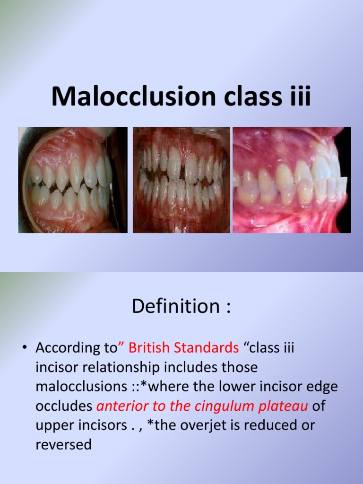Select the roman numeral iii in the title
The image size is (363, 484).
pyautogui.click(x=300, y=96)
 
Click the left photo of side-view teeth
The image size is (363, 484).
pyautogui.click(x=73, y=180)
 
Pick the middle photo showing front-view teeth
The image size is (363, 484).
pyautogui.click(x=181, y=180)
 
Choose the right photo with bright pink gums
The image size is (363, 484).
pyautogui.click(x=292, y=180)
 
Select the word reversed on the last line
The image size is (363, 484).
pyautogui.click(x=63, y=445)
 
